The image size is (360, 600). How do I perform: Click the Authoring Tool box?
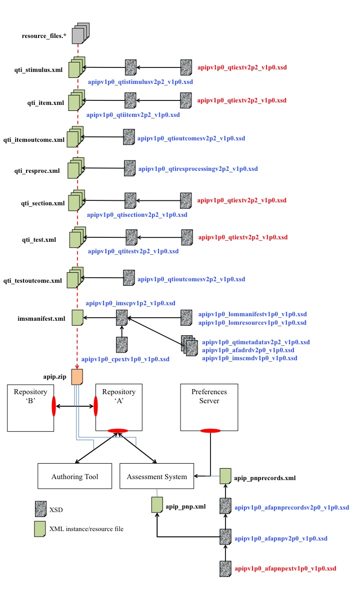(74, 477)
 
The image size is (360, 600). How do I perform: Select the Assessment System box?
(157, 477)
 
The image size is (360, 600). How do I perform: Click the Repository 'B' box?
(30, 407)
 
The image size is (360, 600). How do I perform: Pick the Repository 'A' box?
(118, 407)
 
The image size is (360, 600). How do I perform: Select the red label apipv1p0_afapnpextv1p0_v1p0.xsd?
(285, 569)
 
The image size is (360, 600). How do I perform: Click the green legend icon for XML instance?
(40, 529)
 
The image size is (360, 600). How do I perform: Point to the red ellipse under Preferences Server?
(210, 431)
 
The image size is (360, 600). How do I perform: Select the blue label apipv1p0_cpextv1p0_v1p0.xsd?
(125, 359)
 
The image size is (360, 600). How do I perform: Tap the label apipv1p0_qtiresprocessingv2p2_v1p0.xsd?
(197, 169)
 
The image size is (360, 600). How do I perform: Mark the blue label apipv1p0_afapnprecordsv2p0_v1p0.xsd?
(291, 507)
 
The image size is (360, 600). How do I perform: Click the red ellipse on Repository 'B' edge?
(54, 408)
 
